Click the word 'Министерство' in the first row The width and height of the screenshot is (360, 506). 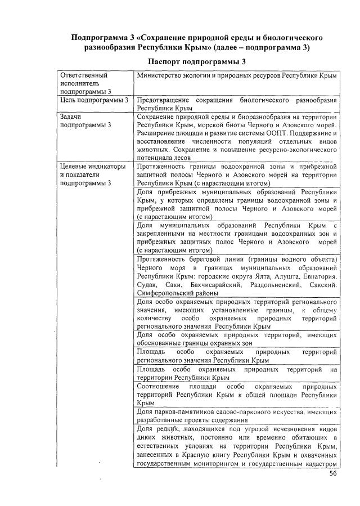(158, 74)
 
